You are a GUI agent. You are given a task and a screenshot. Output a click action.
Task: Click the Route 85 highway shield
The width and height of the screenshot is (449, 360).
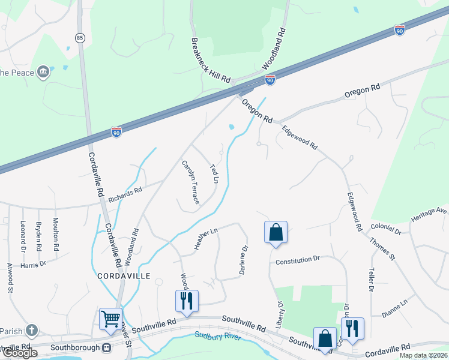tap(80, 38)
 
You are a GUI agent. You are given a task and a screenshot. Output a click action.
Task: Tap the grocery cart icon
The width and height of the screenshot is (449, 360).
tap(110, 318)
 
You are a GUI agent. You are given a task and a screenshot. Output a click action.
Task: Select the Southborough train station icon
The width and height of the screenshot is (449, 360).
tap(107, 347)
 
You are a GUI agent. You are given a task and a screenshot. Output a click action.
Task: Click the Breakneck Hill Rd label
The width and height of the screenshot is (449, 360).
tap(211, 62)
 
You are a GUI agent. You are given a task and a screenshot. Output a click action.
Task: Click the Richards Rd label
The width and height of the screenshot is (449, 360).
tap(129, 192)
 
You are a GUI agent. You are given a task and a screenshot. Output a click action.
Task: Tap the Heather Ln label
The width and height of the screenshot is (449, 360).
tap(204, 239)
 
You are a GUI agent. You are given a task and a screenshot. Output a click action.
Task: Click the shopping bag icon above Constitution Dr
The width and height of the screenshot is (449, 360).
tap(276, 232)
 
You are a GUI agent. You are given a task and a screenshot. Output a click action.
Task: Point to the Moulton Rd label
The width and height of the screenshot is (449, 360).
tap(56, 234)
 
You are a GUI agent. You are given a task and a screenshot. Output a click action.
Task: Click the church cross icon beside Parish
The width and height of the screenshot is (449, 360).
tap(32, 330)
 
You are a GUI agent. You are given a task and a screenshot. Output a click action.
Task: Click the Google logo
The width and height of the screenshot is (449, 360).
tap(20, 353)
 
